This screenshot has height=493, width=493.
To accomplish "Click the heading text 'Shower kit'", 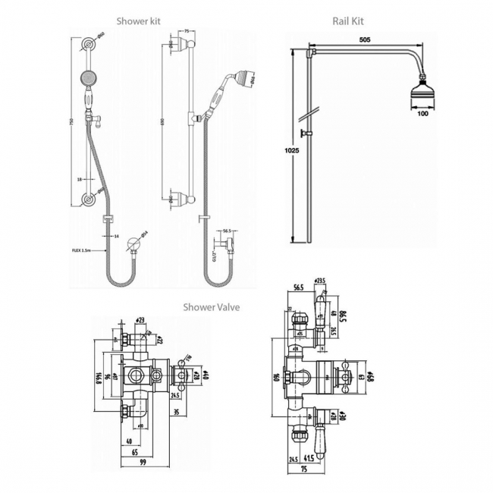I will pos(138,20).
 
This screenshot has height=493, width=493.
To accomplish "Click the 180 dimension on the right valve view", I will pos(277,377).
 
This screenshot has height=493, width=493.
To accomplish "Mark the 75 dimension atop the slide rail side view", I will pos(187,31).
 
